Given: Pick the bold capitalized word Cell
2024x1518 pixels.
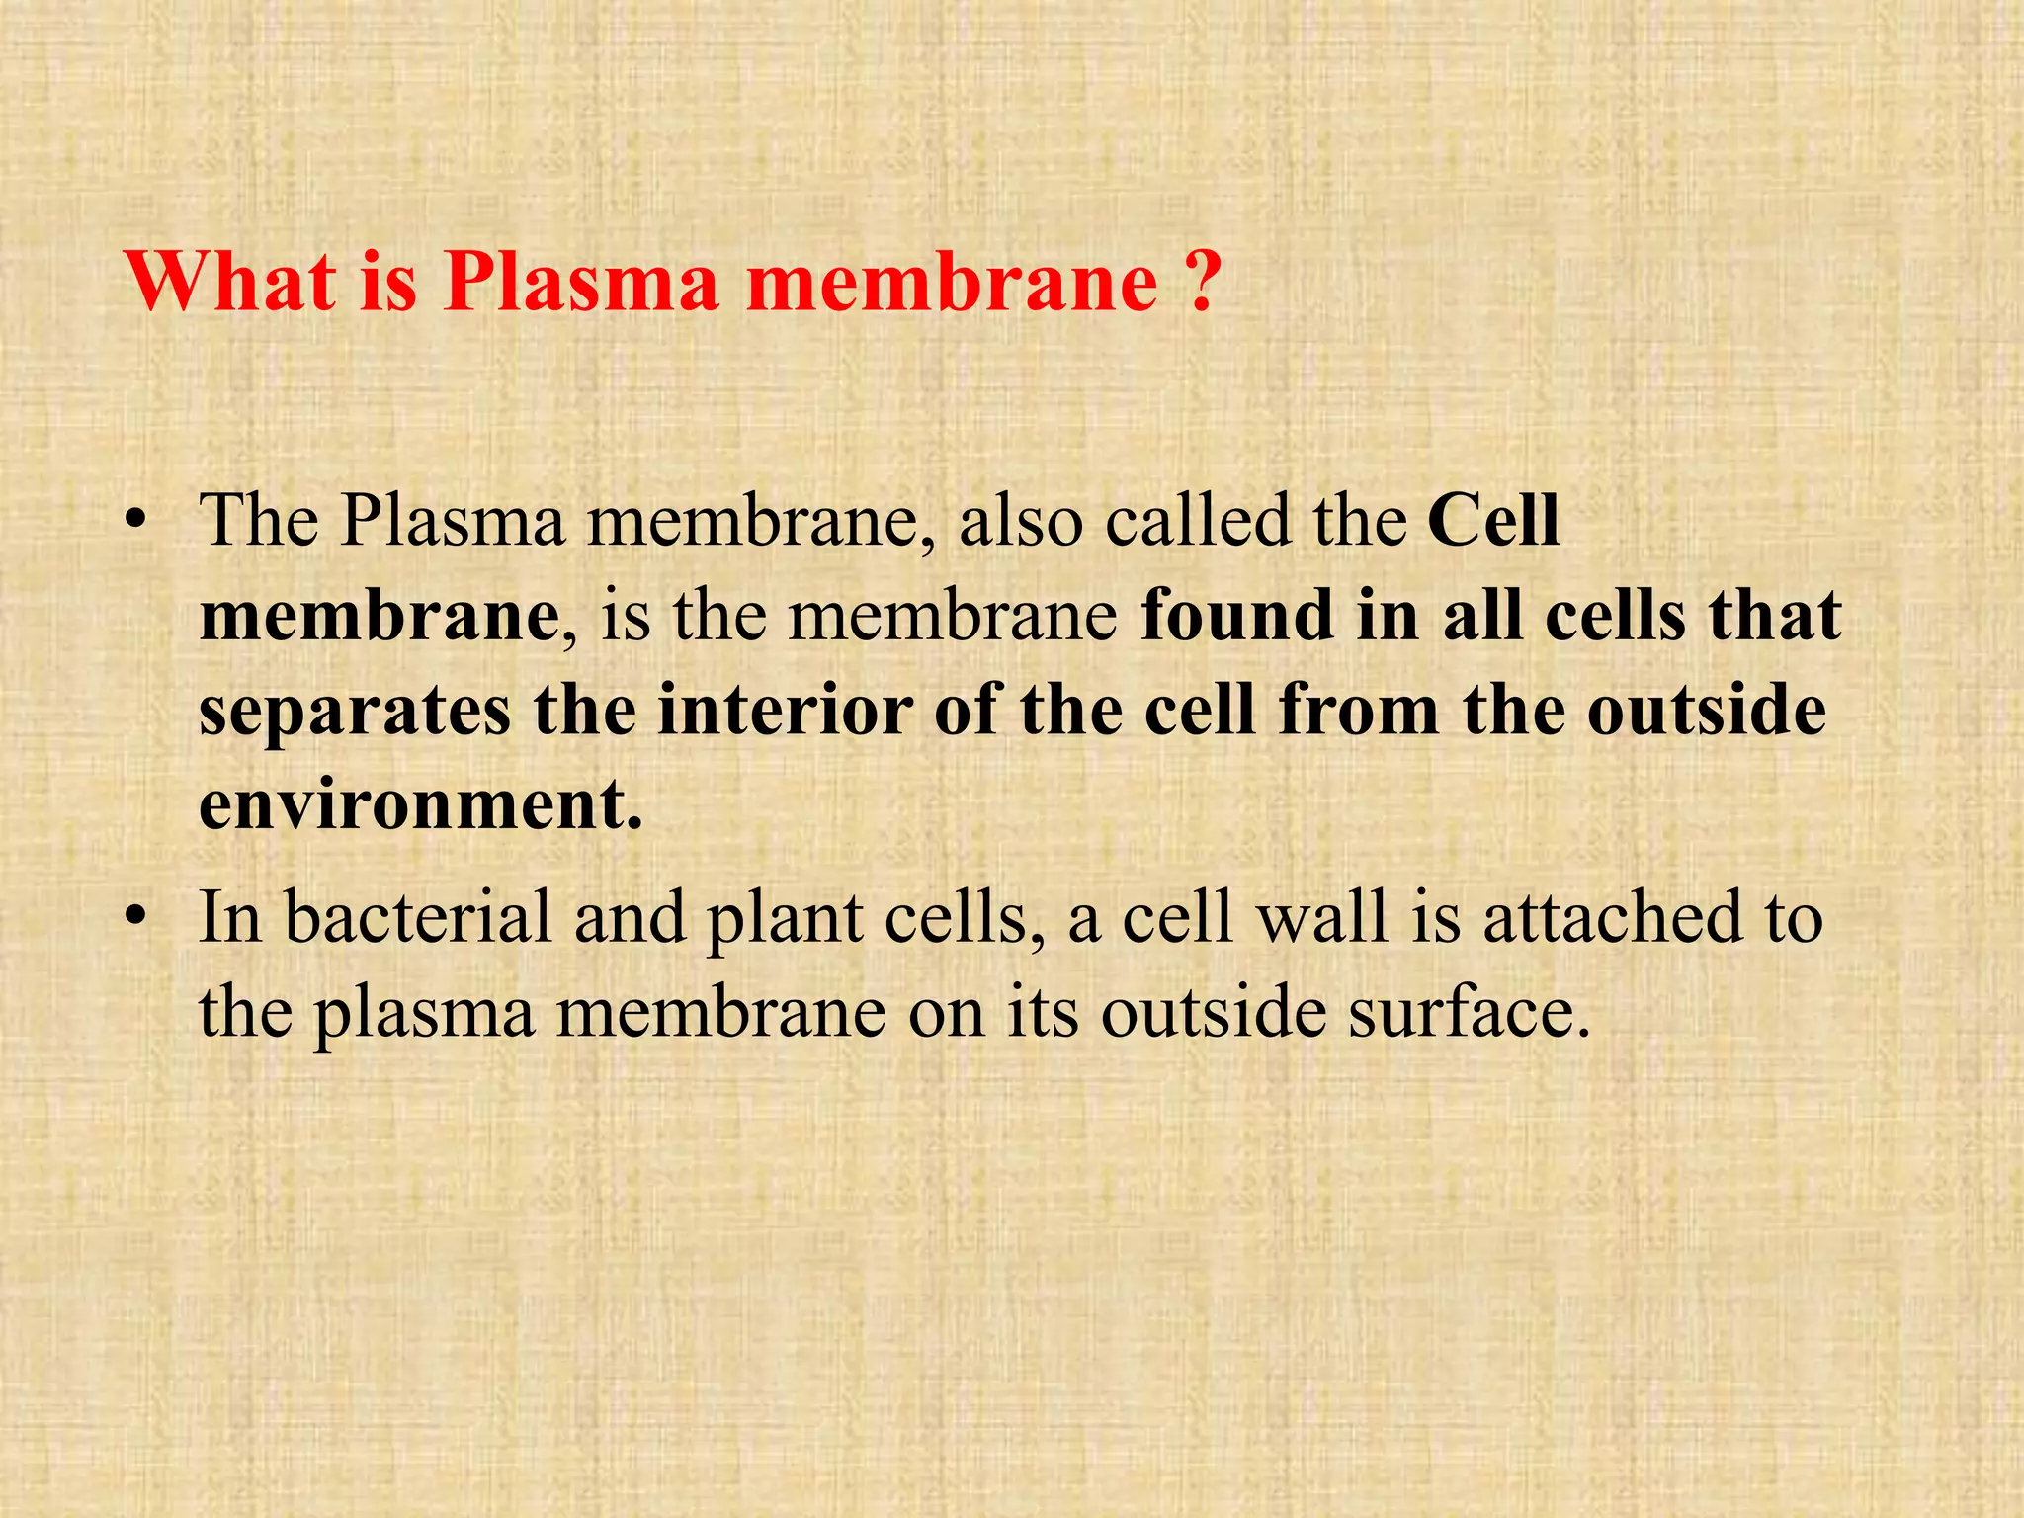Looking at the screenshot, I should click(1494, 521).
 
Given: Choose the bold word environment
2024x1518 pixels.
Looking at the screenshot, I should click(421, 806).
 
